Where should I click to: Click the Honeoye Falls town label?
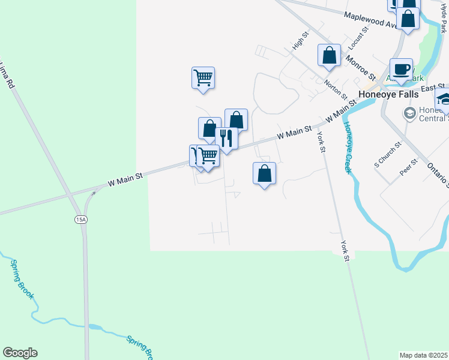click(x=388, y=94)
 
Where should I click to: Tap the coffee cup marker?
click(x=400, y=68)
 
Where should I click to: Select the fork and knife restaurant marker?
click(x=226, y=138)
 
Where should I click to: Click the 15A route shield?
click(x=82, y=220)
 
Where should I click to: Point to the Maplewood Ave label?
click(x=367, y=20)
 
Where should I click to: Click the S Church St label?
click(x=388, y=154)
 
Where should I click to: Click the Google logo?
click(x=20, y=353)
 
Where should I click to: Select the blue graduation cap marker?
click(x=444, y=99)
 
